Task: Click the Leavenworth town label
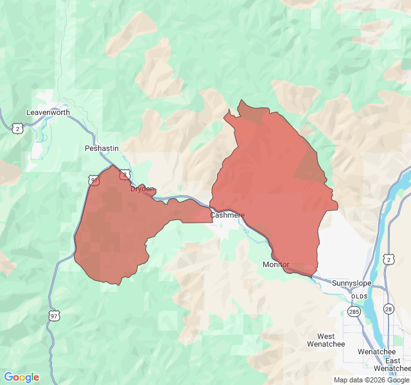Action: click(x=48, y=112)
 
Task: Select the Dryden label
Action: click(x=143, y=189)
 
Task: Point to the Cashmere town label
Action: click(x=227, y=215)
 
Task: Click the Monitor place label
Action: click(x=276, y=264)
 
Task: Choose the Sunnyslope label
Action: click(x=353, y=282)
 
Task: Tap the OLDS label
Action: click(x=360, y=296)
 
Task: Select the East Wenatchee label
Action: click(x=392, y=364)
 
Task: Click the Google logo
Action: click(x=21, y=377)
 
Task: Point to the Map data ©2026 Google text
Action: click(x=371, y=380)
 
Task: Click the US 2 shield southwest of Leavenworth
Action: click(x=17, y=129)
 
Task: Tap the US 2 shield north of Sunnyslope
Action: click(x=389, y=259)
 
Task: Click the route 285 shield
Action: click(x=354, y=311)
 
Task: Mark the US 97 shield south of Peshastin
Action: click(x=95, y=181)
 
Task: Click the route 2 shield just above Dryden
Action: click(x=125, y=174)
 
